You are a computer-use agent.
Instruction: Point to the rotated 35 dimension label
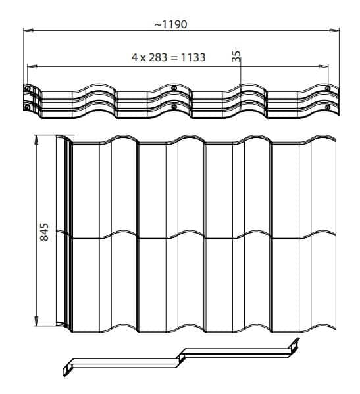point(237,56)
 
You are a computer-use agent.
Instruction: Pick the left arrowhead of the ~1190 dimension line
point(27,30)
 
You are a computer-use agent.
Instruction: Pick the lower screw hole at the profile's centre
point(173,107)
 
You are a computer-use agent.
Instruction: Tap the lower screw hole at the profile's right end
point(327,107)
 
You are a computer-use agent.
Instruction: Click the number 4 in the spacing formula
point(134,57)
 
